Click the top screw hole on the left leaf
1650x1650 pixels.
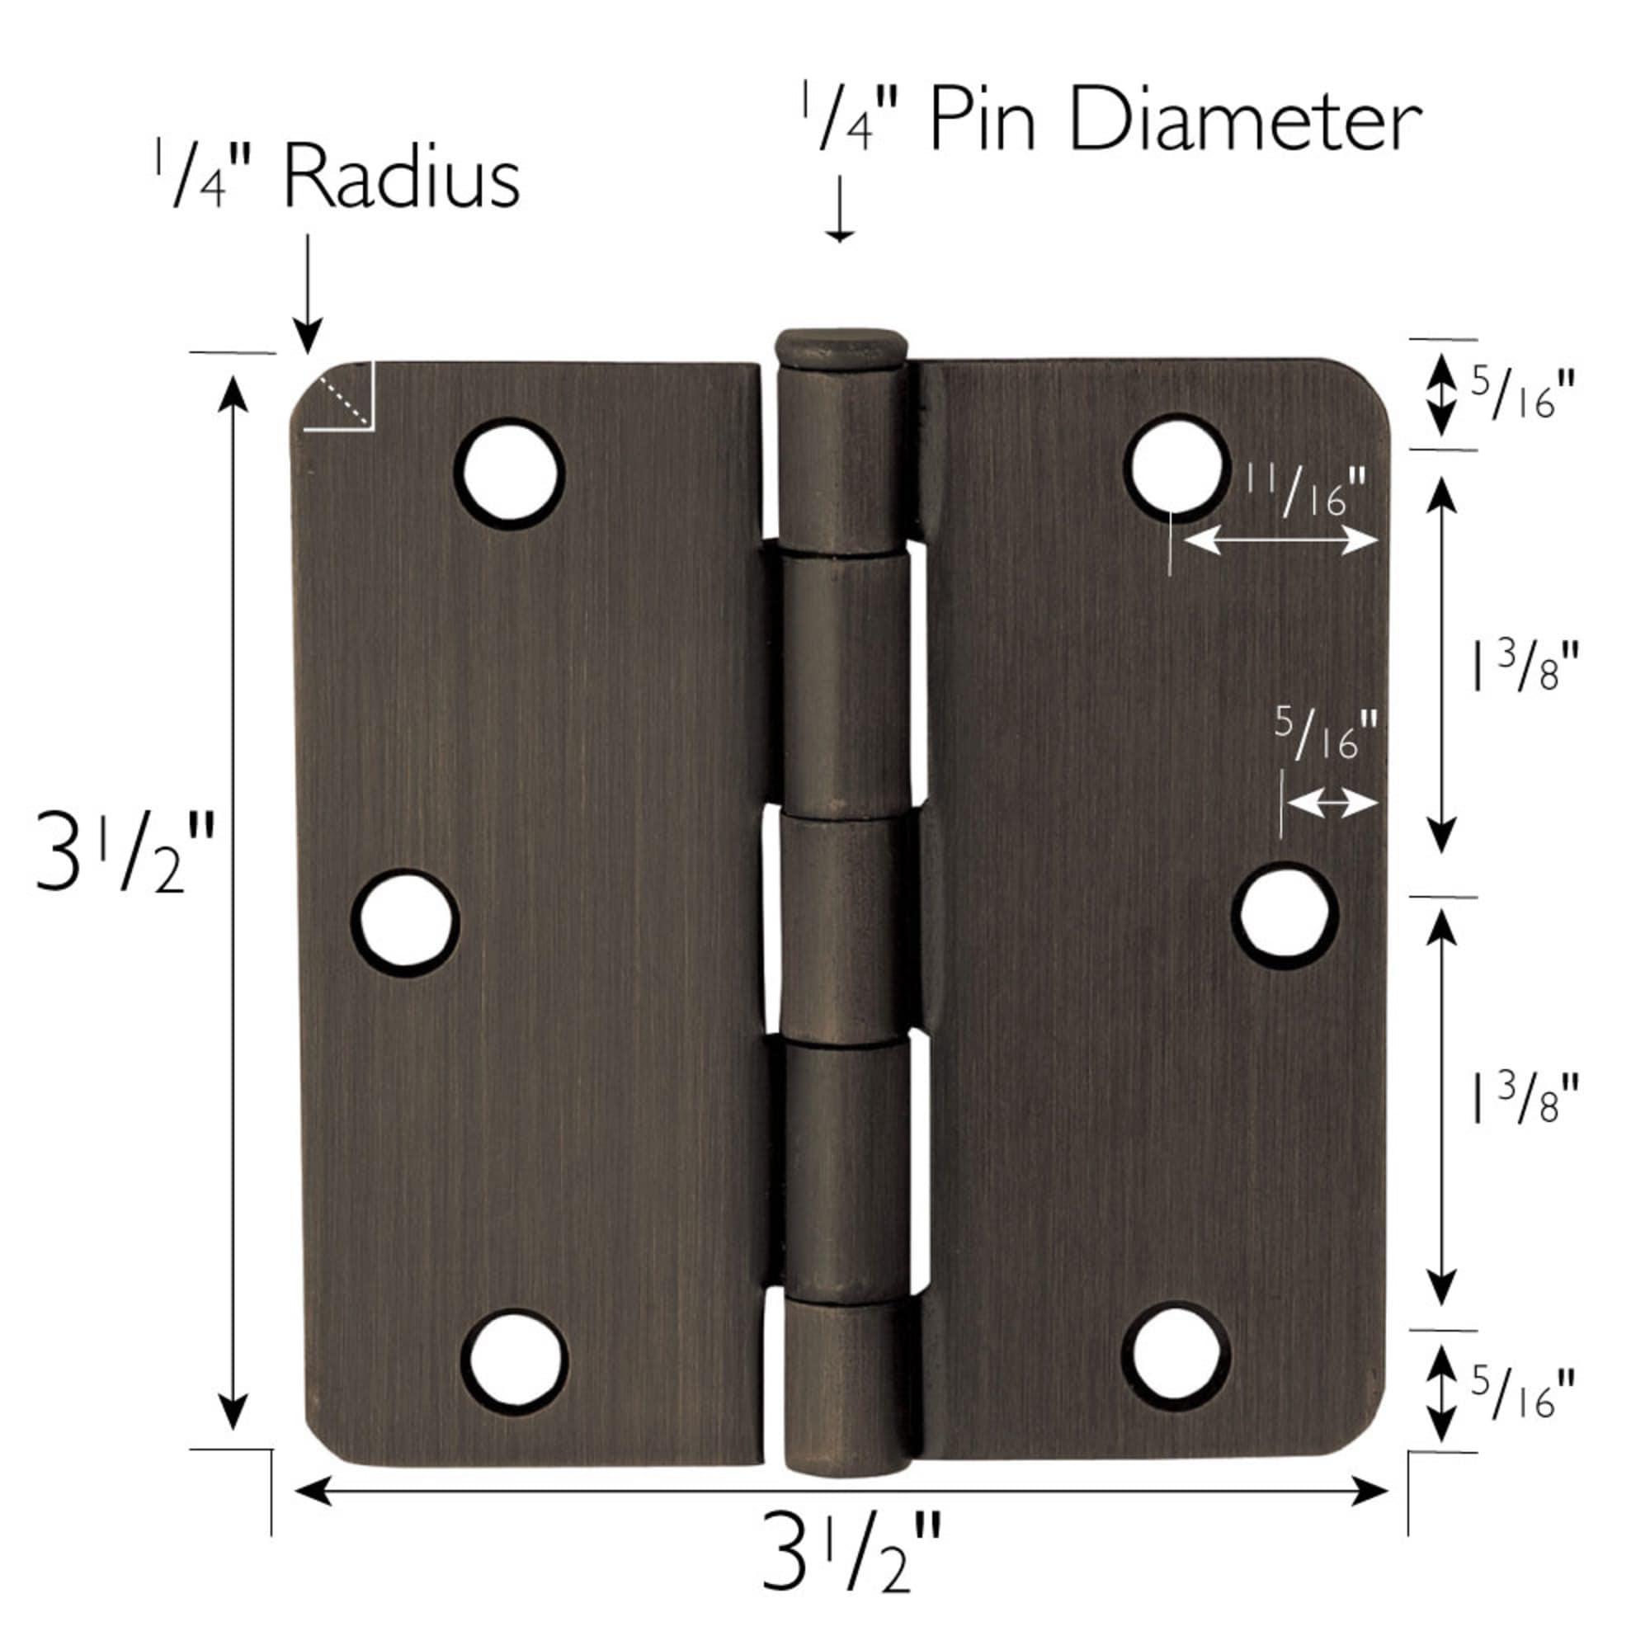click(x=510, y=472)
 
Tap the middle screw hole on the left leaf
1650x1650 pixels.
click(x=406, y=922)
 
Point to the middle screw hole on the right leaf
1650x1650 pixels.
click(x=1285, y=915)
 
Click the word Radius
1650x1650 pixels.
click(x=402, y=179)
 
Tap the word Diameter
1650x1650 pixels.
click(x=1244, y=124)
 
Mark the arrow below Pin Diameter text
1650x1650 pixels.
click(x=841, y=210)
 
